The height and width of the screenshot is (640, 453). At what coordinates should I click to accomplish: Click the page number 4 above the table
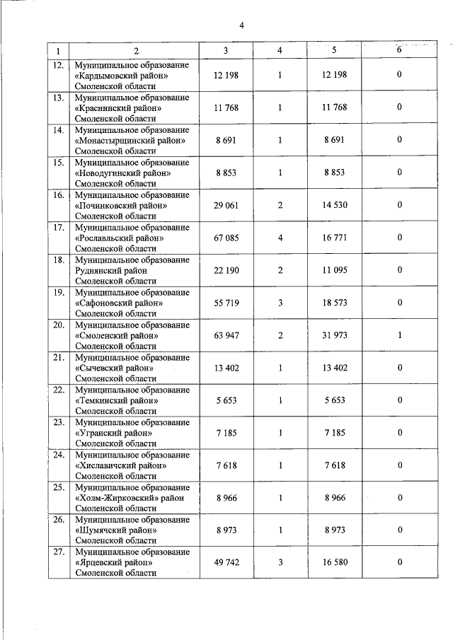tap(241, 26)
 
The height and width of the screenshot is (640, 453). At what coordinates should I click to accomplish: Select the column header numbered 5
tap(335, 51)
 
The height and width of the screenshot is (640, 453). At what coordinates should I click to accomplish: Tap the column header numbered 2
tap(134, 51)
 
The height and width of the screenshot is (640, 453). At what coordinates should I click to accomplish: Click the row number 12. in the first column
tap(59, 66)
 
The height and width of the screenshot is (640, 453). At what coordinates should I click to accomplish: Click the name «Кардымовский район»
tap(120, 75)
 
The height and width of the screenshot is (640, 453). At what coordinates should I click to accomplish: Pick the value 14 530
tap(335, 204)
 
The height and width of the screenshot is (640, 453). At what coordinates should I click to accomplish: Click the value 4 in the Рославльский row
tap(280, 237)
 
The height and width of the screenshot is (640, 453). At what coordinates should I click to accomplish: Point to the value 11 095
tap(335, 269)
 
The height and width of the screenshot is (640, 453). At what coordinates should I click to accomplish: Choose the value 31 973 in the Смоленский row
tap(335, 334)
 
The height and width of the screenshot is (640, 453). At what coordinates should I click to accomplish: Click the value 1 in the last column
tap(399, 334)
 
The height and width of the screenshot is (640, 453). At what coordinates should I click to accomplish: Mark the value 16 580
tap(335, 562)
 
